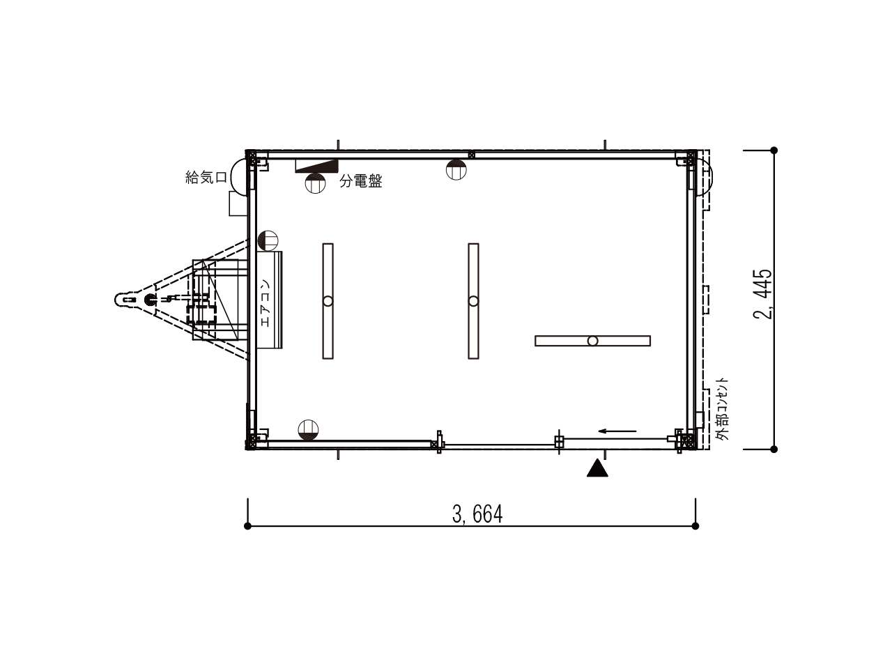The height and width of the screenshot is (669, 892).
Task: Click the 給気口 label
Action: point(206,178)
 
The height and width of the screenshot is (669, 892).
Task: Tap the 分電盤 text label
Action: point(361,181)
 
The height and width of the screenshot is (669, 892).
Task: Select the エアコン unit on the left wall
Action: point(269,300)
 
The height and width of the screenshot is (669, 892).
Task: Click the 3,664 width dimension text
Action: point(477,514)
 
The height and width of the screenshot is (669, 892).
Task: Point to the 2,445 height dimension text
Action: point(763,293)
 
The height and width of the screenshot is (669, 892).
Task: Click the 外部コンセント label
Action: point(721,409)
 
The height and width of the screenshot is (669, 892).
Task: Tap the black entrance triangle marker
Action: point(597,468)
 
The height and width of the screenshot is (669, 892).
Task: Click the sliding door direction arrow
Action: point(617,431)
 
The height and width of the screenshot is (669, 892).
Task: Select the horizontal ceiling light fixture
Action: point(592,341)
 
